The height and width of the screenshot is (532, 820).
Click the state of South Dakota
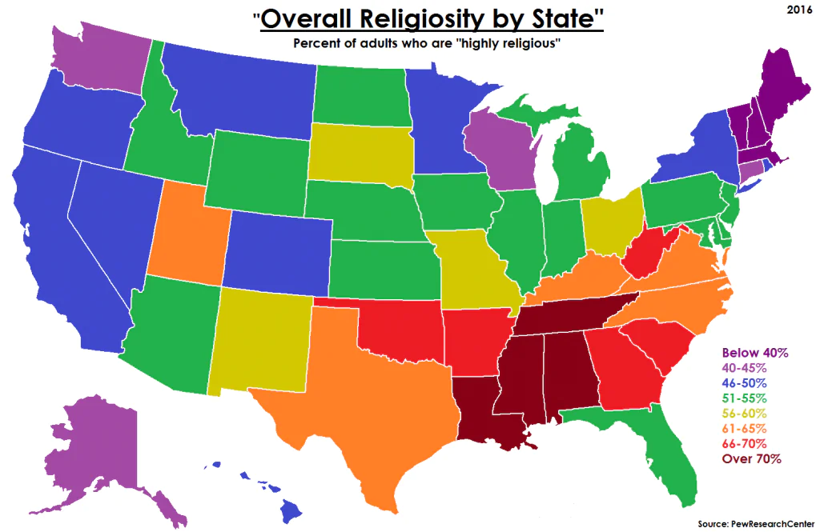tap(357, 154)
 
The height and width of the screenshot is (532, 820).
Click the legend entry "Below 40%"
tap(755, 352)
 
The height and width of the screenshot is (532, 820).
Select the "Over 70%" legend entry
tap(751, 459)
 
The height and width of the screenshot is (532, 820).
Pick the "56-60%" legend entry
tap(744, 414)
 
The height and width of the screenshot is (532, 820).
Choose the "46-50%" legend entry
tap(744, 383)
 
